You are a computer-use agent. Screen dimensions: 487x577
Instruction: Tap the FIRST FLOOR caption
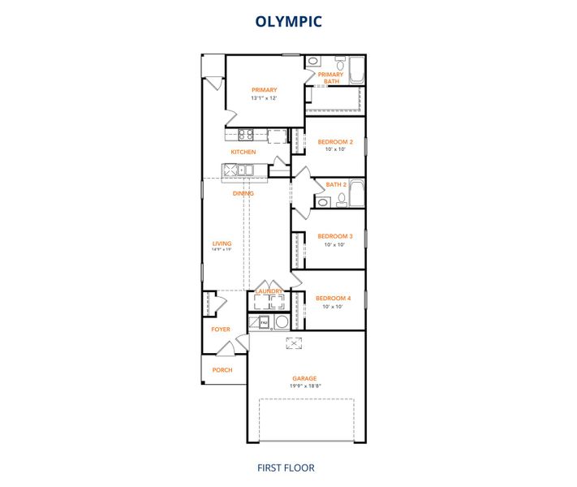point(286,468)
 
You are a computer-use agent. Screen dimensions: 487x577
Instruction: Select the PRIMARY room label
point(265,90)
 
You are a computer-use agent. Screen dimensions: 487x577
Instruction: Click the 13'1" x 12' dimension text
point(265,98)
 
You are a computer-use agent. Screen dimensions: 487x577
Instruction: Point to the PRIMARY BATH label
point(330,78)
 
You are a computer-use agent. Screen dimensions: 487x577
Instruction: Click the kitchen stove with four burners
point(247,136)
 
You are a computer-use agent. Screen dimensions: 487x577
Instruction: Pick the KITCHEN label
point(243,153)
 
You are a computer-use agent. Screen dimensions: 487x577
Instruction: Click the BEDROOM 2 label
point(335,141)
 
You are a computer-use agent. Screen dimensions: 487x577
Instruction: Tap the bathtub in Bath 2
point(357,195)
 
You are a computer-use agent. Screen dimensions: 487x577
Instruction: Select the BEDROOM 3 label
point(335,236)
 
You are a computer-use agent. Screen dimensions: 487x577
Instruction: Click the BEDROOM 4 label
point(333,298)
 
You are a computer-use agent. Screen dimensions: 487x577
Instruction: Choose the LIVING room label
point(222,243)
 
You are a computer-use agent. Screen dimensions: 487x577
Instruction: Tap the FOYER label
point(221,330)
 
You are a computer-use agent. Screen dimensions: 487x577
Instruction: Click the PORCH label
point(222,370)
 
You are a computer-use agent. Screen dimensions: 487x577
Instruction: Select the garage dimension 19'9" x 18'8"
point(305,386)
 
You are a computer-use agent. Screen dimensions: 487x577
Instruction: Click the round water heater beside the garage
point(282,322)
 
